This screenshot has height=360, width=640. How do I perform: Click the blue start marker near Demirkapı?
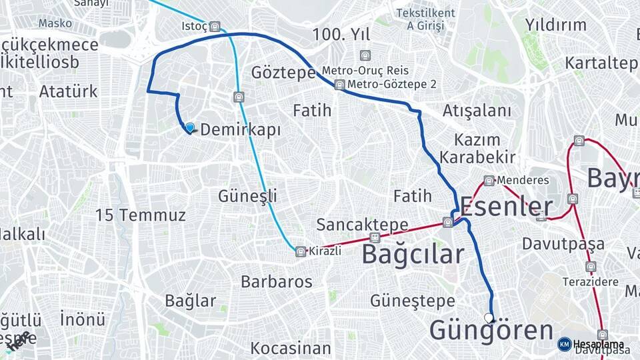coord(190,127)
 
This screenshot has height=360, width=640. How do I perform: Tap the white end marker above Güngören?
coord(489,318)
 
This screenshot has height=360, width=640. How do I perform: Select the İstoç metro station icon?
coord(215,27)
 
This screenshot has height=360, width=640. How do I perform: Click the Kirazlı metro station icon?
coord(301,251)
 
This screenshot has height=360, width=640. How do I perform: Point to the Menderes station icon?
coord(489,181)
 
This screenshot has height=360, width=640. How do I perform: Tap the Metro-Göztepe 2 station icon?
coord(340,85)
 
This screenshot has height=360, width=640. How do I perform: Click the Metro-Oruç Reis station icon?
coord(364,55)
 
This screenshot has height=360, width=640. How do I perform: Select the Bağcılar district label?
coord(413,254)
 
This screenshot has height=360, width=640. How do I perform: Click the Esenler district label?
coord(507,207)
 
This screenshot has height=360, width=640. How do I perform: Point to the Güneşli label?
coord(247,196)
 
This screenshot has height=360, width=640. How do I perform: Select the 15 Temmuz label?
coord(140,215)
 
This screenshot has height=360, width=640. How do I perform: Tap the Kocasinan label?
coord(291,348)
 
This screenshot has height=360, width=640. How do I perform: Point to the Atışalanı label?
coord(477,111)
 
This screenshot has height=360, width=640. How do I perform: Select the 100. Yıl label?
coord(341,35)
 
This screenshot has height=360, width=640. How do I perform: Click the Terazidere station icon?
coord(591,267)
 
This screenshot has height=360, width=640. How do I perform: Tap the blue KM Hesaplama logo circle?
coord(564,344)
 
